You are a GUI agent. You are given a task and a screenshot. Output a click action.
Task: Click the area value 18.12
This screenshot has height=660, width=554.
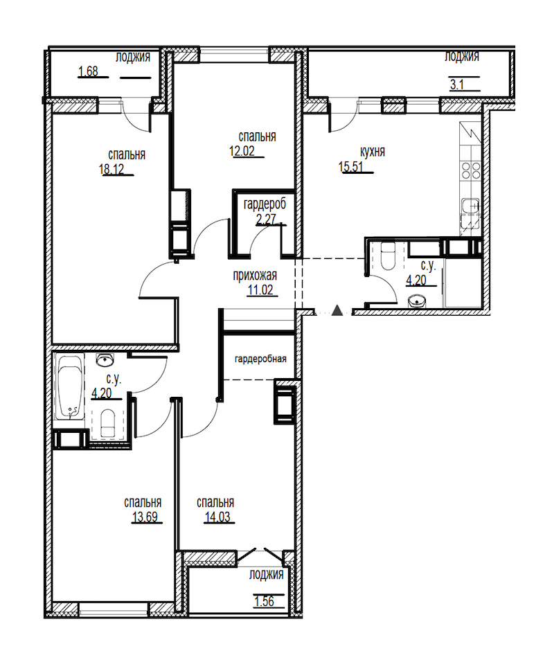point(111,169)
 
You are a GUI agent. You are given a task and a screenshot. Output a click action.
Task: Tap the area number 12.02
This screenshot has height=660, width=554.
point(242,151)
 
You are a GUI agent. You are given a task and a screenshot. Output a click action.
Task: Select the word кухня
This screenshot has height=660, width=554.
point(373,152)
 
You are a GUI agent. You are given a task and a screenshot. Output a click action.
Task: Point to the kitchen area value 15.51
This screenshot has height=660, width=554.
point(351,167)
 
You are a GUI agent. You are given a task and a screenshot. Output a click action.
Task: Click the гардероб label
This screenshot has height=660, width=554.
point(265,204)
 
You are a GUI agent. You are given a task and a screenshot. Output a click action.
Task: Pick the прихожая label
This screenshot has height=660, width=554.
point(255,276)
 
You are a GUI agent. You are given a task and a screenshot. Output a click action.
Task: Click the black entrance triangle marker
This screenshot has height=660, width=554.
point(337,310)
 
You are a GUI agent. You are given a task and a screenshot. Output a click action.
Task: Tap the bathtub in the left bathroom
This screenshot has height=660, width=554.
point(71,387)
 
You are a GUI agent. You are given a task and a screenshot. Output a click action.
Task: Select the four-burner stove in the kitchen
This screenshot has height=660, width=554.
point(471,170)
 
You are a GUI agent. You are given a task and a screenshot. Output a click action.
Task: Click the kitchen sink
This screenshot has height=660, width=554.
point(471,206)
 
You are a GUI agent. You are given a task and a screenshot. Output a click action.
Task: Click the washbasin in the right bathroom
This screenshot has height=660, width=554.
point(417,301)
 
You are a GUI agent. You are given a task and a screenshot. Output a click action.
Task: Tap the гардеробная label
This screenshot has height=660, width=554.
point(260,359)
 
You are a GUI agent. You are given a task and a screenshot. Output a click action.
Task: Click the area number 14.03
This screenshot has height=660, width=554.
point(217,517)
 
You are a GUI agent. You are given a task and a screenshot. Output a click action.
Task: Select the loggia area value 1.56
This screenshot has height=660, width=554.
point(264,601)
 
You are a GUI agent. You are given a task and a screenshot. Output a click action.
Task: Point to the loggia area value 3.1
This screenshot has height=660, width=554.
point(457,84)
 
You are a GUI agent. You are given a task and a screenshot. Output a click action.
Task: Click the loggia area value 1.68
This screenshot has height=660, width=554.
point(88,71)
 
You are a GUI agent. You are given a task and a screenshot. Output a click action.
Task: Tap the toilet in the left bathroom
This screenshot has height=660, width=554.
point(108,423)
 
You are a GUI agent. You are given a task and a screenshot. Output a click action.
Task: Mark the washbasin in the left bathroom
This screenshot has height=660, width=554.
point(105,360)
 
